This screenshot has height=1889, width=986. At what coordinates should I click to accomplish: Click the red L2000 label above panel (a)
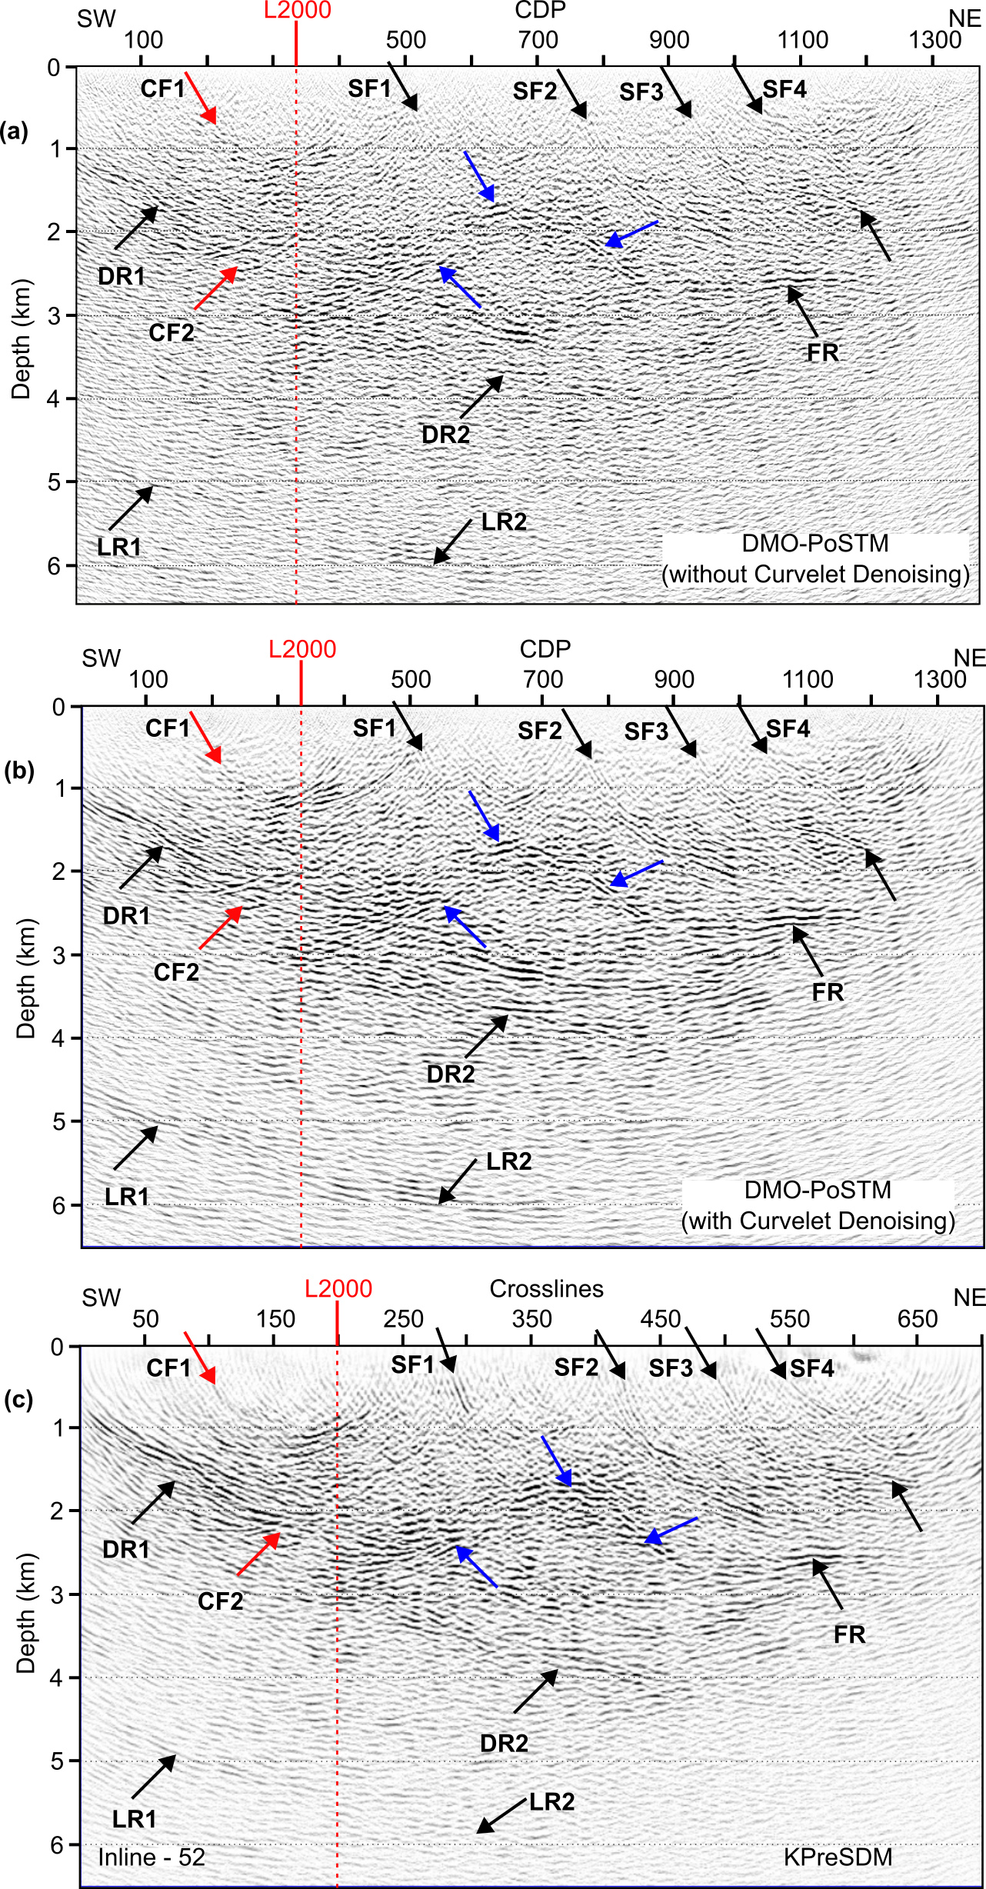pyautogui.click(x=298, y=11)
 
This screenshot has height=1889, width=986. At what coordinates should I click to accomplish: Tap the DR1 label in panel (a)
pyautogui.click(x=122, y=276)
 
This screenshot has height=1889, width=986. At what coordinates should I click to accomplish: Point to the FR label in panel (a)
pyautogui.click(x=822, y=353)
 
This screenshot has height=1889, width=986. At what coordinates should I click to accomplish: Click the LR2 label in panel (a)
pyautogui.click(x=504, y=522)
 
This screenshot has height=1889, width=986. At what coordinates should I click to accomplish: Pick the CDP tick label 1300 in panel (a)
pyautogui.click(x=934, y=40)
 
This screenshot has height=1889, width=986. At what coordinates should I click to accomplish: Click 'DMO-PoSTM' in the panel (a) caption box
pyautogui.click(x=815, y=544)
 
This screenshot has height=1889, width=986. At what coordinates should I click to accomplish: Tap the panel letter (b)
pyautogui.click(x=18, y=771)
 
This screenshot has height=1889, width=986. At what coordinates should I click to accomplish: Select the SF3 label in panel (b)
pyautogui.click(x=646, y=731)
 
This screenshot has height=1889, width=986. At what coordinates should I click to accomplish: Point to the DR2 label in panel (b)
pyautogui.click(x=451, y=1074)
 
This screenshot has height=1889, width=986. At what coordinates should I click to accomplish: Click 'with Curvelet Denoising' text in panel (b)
pyautogui.click(x=818, y=1221)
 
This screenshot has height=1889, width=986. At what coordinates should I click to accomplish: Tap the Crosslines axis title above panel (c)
pyautogui.click(x=546, y=1289)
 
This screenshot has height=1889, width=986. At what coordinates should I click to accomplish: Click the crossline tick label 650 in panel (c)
pyautogui.click(x=917, y=1319)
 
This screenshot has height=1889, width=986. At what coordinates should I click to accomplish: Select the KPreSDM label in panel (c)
pyautogui.click(x=838, y=1857)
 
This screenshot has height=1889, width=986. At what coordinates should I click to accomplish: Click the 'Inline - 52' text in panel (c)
pyautogui.click(x=152, y=1857)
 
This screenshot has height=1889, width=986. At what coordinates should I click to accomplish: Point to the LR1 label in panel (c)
pyautogui.click(x=135, y=1819)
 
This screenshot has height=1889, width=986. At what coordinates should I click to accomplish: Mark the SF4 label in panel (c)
pyautogui.click(x=811, y=1368)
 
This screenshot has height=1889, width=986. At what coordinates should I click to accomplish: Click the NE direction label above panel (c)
pyautogui.click(x=968, y=1298)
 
